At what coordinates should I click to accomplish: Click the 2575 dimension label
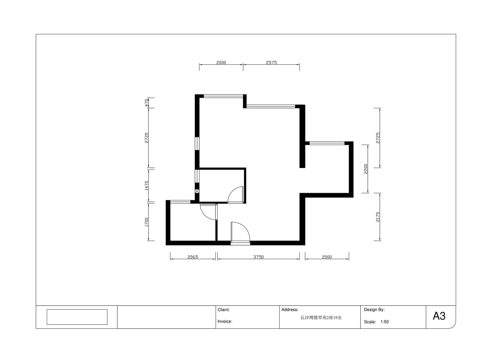click(x=271, y=62)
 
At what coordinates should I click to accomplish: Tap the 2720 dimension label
click(x=146, y=138)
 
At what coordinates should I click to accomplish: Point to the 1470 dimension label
click(x=146, y=185)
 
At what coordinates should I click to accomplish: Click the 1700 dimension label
click(x=146, y=222)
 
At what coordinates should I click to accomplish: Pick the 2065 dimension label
click(x=193, y=257)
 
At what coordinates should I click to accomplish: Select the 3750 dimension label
click(x=258, y=257)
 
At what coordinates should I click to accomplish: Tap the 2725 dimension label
click(x=378, y=138)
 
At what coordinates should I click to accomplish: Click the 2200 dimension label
click(x=366, y=169)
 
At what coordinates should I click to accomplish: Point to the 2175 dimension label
click(x=378, y=217)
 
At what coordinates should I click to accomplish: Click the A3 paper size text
click(x=439, y=316)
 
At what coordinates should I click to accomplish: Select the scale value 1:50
click(x=384, y=322)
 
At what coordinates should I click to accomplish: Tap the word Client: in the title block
click(x=223, y=310)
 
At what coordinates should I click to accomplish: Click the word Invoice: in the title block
click(x=225, y=321)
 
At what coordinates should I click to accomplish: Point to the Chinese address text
click(x=321, y=318)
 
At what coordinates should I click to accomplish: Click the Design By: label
click(x=374, y=310)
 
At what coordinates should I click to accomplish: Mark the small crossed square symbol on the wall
click(x=197, y=191)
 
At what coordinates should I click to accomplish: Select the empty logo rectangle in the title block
click(x=77, y=317)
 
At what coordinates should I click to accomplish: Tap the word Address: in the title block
click(x=290, y=310)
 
